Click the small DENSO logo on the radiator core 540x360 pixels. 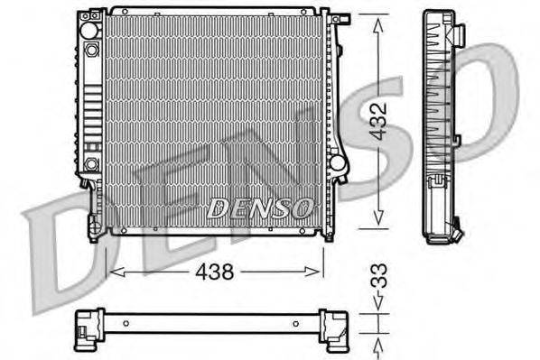(260, 208)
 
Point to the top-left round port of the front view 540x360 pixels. (88, 29)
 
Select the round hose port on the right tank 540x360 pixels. (337, 164)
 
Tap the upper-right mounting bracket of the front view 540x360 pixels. (339, 20)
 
